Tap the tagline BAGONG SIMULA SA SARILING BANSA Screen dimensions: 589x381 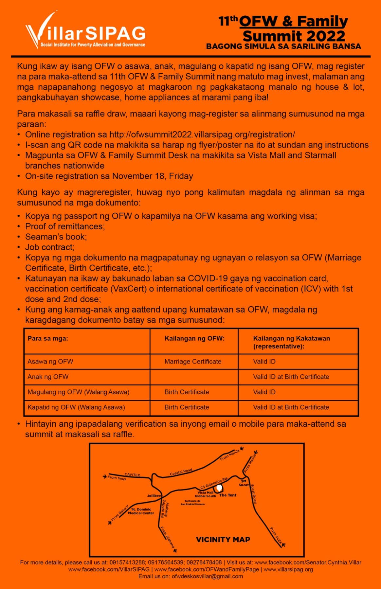click(283, 46)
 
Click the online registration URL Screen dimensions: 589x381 click(202, 134)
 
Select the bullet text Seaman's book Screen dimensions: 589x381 click(56, 237)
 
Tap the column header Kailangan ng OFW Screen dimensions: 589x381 click(194, 338)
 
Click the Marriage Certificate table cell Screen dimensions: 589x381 click(193, 362)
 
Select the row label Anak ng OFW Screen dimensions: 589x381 click(48, 377)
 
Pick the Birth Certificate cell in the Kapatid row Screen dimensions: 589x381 click(187, 407)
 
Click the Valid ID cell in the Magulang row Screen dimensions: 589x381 click(264, 392)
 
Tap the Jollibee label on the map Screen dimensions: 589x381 click(154, 496)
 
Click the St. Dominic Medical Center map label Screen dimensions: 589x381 click(141, 511)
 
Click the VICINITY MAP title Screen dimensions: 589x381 click(223, 540)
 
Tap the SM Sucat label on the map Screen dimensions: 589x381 click(244, 483)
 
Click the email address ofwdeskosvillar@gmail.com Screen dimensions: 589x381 click(207, 576)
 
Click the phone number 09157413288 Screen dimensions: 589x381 click(127, 562)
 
